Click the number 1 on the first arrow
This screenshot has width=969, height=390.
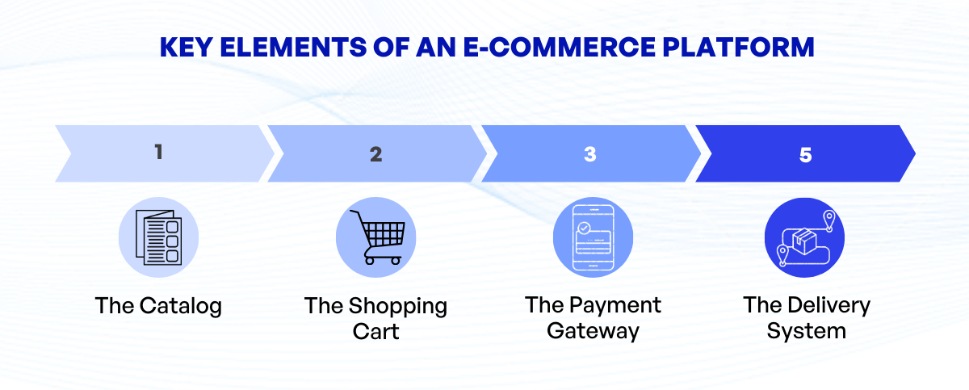point(159,153)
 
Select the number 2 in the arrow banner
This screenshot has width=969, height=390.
point(375,153)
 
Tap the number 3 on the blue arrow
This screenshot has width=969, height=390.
point(590,153)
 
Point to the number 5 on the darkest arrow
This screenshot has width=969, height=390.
point(806,153)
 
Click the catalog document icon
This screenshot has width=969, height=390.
point(158,237)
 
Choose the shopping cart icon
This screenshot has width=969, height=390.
point(375,237)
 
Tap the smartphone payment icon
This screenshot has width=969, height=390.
point(592,237)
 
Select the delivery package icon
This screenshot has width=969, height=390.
point(804,237)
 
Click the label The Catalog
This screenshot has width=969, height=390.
point(158,307)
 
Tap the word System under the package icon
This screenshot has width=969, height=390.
point(806,331)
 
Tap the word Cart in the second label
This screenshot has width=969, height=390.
point(375,332)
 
